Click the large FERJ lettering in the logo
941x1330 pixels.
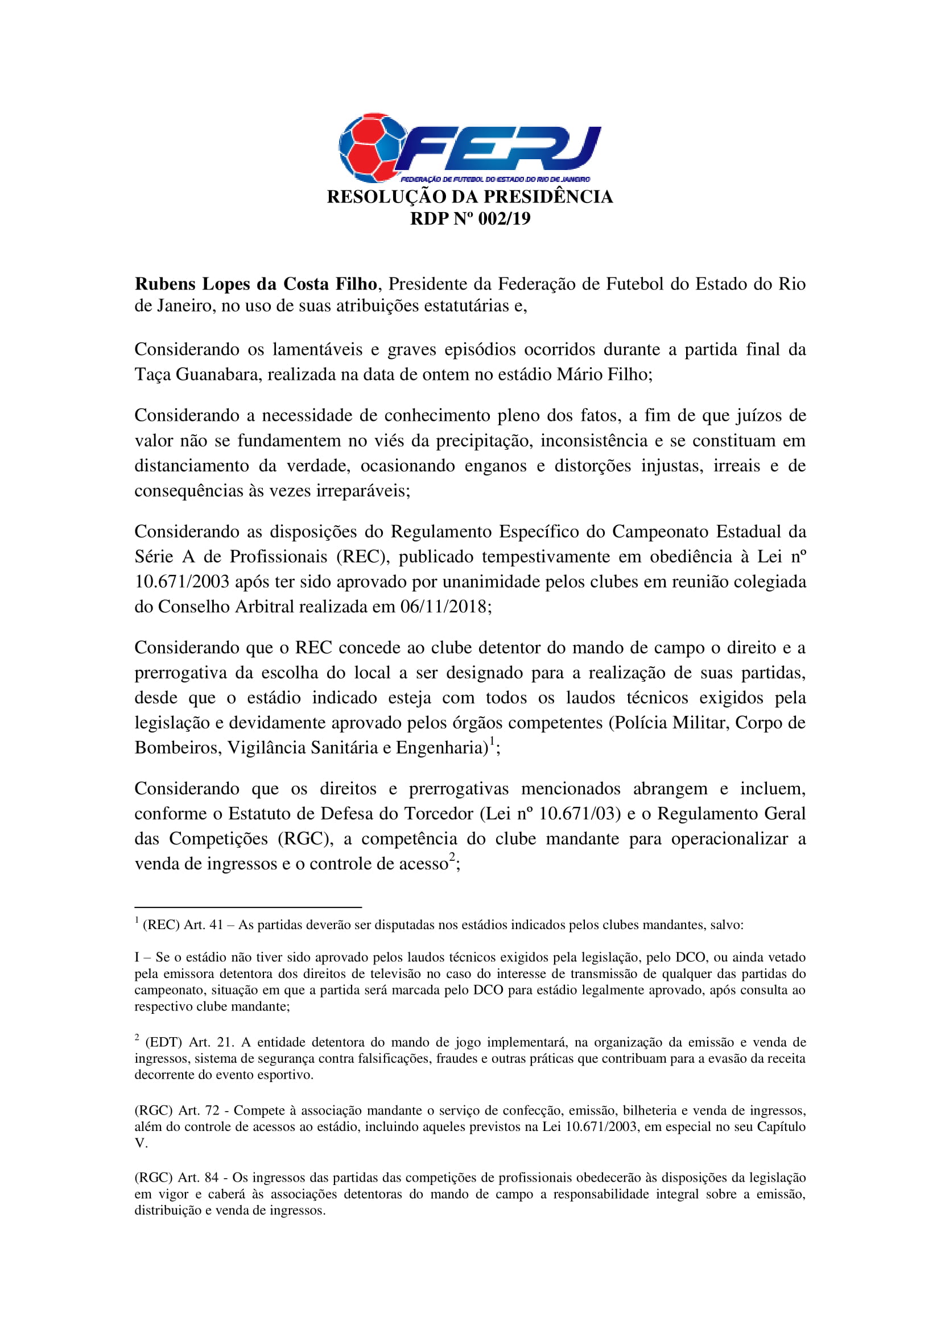click(x=498, y=148)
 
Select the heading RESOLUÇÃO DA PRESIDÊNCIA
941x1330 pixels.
click(x=470, y=197)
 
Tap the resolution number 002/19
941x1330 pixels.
click(x=504, y=219)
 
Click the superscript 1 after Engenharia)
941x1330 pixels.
click(x=493, y=741)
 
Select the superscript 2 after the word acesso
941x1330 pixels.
click(x=452, y=857)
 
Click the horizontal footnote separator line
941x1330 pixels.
click(x=248, y=906)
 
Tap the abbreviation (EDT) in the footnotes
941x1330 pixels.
click(x=163, y=1042)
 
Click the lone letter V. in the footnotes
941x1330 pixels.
click(x=141, y=1143)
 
